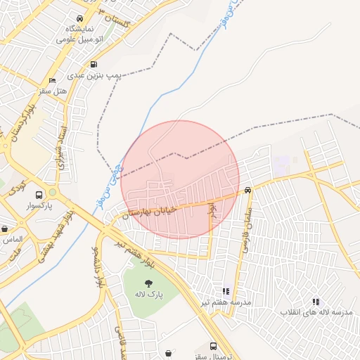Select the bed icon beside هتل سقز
[53, 81]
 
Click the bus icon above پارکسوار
[53, 193]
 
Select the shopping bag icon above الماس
[5, 229]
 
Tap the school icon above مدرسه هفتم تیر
[226, 290]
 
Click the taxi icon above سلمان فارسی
[247, 190]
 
